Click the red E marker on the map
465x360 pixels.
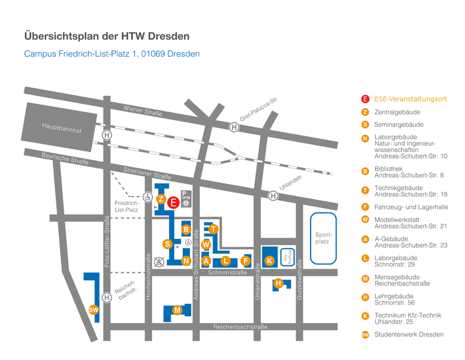click(x=173, y=203)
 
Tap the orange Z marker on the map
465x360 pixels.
click(x=161, y=199)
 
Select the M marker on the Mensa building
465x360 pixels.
click(x=177, y=310)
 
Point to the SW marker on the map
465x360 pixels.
click(x=93, y=310)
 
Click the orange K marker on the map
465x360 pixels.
click(x=270, y=261)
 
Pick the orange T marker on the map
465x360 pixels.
click(x=213, y=229)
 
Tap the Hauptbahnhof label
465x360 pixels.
click(x=61, y=128)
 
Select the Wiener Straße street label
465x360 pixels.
click(x=143, y=113)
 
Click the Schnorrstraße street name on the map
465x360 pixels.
click(x=228, y=273)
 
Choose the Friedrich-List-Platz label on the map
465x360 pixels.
click(x=127, y=206)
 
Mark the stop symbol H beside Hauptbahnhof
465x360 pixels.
click(x=107, y=136)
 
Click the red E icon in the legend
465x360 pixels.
click(x=365, y=99)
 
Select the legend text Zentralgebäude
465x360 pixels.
click(x=397, y=112)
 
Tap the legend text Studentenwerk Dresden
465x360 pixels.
click(x=409, y=335)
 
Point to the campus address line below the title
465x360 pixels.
click(x=112, y=54)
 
